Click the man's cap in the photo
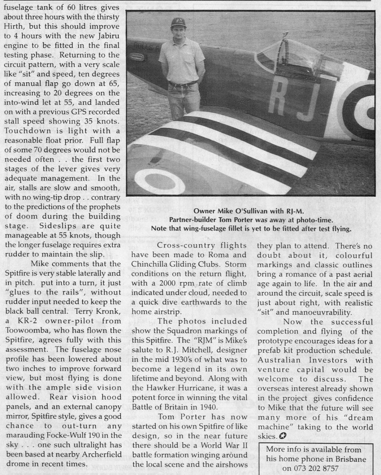178,22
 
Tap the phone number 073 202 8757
318,468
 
